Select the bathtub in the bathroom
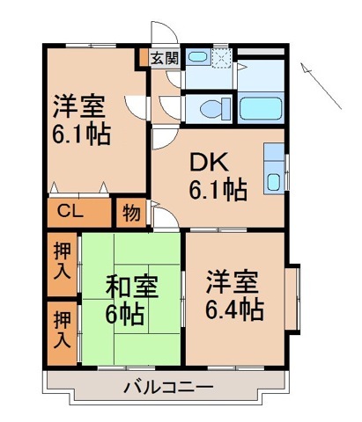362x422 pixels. coord(262,108)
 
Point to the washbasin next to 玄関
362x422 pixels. coord(198,59)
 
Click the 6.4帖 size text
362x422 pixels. coord(234,309)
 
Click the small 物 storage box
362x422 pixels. coord(131,212)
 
